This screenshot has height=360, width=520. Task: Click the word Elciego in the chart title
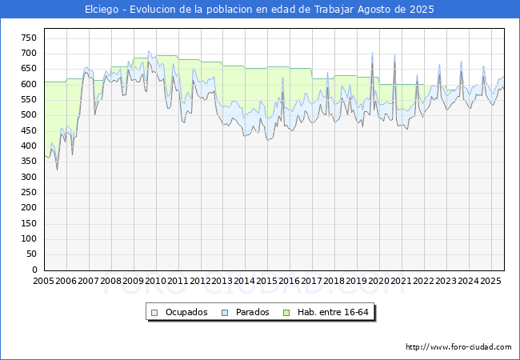[102, 10]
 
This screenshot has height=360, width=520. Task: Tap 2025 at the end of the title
[422, 10]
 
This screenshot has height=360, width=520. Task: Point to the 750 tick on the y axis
[29, 38]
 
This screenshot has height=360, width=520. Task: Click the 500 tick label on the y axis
[29, 115]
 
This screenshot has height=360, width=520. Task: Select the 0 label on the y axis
[34, 270]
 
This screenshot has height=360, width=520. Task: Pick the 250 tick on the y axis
[29, 192]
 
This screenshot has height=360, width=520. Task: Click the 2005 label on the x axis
[43, 281]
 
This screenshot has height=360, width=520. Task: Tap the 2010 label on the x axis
[155, 281]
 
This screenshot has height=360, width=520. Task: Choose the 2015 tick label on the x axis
[267, 281]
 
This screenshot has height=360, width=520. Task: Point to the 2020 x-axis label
[379, 281]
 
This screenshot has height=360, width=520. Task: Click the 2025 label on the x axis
[491, 281]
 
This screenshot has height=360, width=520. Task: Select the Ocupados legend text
[186, 312]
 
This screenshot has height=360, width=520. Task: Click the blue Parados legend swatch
[225, 313]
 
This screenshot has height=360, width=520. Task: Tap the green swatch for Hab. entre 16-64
[286, 313]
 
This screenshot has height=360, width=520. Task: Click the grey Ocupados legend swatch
[154, 313]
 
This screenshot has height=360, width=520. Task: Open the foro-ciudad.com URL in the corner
[458, 347]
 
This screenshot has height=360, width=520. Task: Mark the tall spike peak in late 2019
[372, 52]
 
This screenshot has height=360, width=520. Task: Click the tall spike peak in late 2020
[394, 54]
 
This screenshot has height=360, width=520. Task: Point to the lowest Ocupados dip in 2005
[57, 170]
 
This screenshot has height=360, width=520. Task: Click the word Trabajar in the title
[334, 10]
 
